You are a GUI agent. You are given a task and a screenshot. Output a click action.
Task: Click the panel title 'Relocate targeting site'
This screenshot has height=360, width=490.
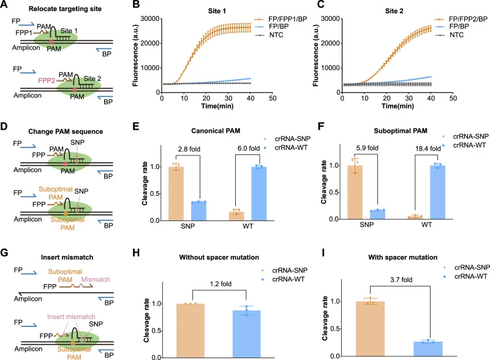[65, 9]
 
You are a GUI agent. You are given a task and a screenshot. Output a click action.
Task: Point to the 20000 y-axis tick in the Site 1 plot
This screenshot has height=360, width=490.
[151, 43]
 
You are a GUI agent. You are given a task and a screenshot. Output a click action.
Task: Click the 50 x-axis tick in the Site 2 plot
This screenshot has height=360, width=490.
[453, 98]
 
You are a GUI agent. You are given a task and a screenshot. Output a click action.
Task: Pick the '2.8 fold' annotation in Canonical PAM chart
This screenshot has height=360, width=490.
[189, 149]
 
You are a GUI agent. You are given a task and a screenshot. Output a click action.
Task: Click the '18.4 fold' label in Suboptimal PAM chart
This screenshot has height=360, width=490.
[428, 148]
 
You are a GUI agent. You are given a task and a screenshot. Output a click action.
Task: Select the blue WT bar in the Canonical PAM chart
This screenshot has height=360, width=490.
[259, 193]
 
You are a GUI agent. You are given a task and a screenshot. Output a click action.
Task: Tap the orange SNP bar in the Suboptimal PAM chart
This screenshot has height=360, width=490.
[355, 192]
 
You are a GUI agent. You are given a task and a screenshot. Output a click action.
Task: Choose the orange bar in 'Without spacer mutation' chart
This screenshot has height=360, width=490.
[190, 331]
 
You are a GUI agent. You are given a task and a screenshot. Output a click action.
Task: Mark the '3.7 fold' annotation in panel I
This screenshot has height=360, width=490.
[401, 279]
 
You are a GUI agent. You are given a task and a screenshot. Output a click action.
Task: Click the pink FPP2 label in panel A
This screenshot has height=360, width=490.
[47, 81]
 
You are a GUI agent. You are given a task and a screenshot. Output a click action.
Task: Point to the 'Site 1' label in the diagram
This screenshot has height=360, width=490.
[69, 31]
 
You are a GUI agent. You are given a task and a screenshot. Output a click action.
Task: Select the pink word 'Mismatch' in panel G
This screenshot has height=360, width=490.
[96, 279]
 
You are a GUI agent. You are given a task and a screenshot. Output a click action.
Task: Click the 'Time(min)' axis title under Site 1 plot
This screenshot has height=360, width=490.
[217, 106]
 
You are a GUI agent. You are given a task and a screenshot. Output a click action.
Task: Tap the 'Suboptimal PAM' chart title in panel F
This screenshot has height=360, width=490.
[401, 130]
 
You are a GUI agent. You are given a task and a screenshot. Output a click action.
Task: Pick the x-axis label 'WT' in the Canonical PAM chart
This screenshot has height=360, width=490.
[248, 226]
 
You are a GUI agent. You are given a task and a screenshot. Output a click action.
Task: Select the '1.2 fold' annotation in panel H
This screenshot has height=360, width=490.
[221, 283]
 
